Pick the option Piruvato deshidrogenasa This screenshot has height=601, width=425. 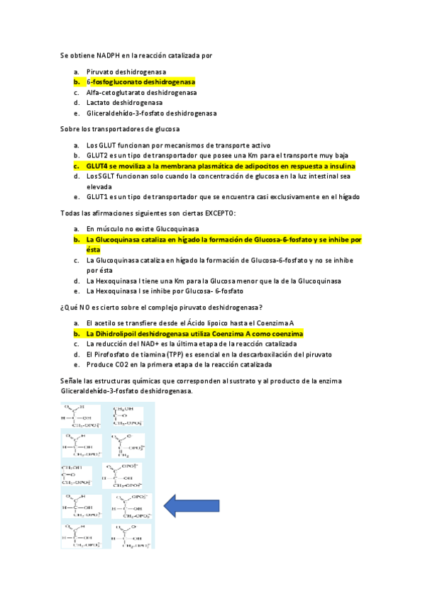[x=126, y=72]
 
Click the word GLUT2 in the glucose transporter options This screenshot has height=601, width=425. [x=97, y=155]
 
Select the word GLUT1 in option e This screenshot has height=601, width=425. [x=97, y=197]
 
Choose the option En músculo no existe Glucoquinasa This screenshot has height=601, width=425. [x=142, y=229]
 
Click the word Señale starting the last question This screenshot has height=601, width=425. [x=72, y=381]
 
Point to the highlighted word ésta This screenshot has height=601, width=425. [x=94, y=249]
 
